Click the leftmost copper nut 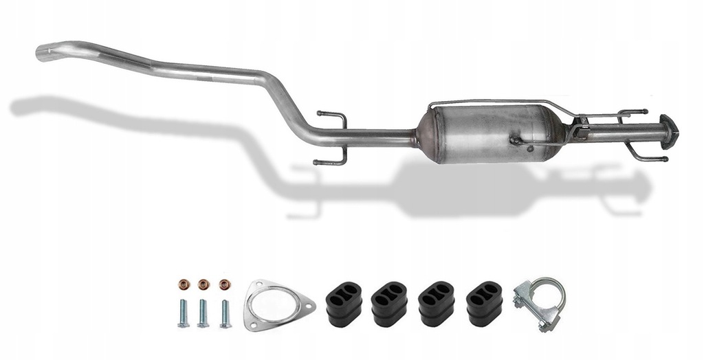184,284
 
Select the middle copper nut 203,284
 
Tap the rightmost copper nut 223,284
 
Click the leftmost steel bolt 184,313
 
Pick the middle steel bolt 203,313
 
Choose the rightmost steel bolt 225,313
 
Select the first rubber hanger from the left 342,303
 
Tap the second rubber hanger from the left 389,303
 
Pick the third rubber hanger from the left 436,303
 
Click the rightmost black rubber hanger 483,303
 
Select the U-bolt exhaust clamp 540,302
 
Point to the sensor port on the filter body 514,140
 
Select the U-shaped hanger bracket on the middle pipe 333,137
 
